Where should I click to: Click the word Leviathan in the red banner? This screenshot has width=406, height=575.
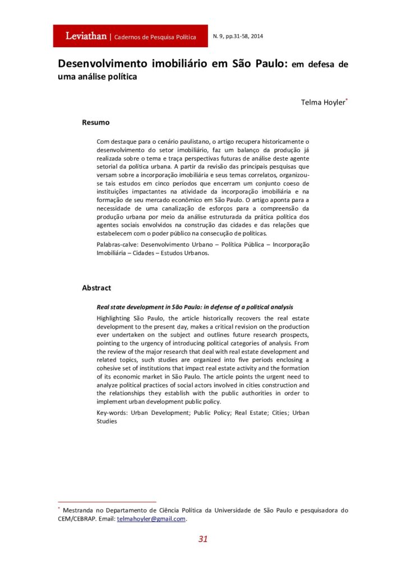pyautogui.click(x=86, y=36)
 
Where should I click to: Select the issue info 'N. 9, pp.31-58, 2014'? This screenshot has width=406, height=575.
pyautogui.click(x=238, y=36)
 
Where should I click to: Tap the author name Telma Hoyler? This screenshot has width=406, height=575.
pyautogui.click(x=322, y=102)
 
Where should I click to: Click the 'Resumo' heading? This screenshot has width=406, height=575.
pyautogui.click(x=96, y=122)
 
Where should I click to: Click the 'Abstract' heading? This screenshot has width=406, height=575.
pyautogui.click(x=96, y=287)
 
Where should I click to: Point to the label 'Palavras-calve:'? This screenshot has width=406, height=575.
pyautogui.click(x=118, y=245)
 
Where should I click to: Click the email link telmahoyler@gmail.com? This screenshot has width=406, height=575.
pyautogui.click(x=151, y=519)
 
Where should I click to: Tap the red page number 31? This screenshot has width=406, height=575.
pyautogui.click(x=203, y=539)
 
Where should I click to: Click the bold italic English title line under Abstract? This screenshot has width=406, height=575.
pyautogui.click(x=195, y=307)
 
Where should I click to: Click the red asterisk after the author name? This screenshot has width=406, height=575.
pyautogui.click(x=347, y=99)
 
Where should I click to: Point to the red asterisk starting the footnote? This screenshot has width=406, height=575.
pyautogui.click(x=59, y=508)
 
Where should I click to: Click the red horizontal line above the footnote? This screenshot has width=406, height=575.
pyautogui.click(x=107, y=501)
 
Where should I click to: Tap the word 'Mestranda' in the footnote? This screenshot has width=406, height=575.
pyautogui.click(x=81, y=510)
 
